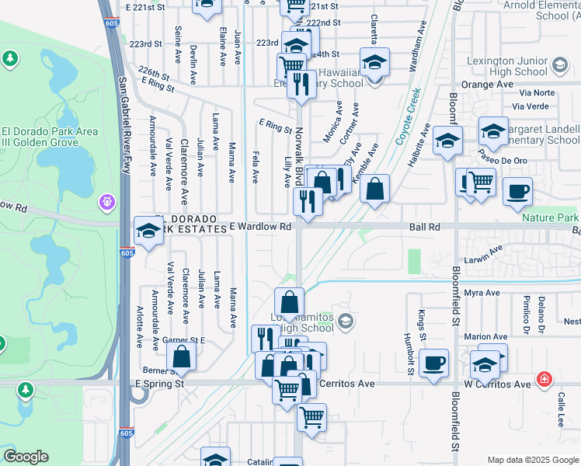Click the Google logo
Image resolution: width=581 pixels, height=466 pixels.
[x=26, y=457]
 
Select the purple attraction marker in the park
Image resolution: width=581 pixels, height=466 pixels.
[x=106, y=202]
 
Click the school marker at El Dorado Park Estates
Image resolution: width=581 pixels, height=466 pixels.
[x=148, y=230]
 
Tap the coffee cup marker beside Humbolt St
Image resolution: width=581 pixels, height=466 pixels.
[x=434, y=362]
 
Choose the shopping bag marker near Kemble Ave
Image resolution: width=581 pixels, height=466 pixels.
[x=374, y=188]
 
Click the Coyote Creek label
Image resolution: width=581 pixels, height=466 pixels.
[x=408, y=117]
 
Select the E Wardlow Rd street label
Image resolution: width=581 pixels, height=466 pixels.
[x=260, y=228]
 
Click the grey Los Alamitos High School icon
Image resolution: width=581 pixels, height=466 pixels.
[x=347, y=321]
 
